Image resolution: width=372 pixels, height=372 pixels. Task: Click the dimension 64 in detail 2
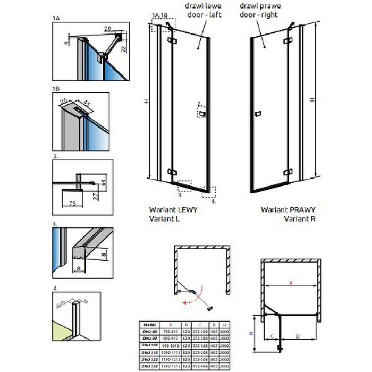tap(103, 182)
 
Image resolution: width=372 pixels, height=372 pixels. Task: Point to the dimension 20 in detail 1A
tap(108, 28)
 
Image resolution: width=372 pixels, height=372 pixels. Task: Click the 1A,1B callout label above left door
tap(159, 15)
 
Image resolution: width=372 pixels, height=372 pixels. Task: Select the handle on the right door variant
tap(258, 114)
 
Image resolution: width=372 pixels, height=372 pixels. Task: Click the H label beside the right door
tap(312, 99)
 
